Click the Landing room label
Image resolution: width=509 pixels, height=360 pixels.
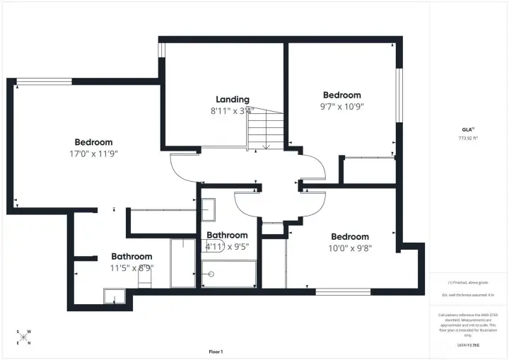point(232,100)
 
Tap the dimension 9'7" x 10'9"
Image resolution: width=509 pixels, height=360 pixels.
point(342,107)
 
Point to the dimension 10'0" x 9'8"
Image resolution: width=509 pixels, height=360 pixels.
point(350,248)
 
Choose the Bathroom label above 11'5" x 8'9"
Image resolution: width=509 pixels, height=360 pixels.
point(131,256)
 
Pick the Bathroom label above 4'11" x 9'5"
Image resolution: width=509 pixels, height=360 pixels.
point(227,235)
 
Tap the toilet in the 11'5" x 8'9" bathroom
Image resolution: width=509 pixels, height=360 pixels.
point(146,278)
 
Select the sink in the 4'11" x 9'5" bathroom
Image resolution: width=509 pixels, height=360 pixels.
point(209,210)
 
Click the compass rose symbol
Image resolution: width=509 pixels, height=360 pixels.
point(24,337)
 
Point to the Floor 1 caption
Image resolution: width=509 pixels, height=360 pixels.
point(216,352)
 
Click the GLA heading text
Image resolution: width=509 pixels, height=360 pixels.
point(467,129)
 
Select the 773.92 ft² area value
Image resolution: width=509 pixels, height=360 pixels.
point(467,138)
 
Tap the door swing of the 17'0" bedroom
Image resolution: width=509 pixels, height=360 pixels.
point(182,167)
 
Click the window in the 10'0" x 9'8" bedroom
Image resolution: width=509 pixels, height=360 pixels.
point(333,291)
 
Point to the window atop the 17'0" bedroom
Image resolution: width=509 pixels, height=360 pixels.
point(45,81)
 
